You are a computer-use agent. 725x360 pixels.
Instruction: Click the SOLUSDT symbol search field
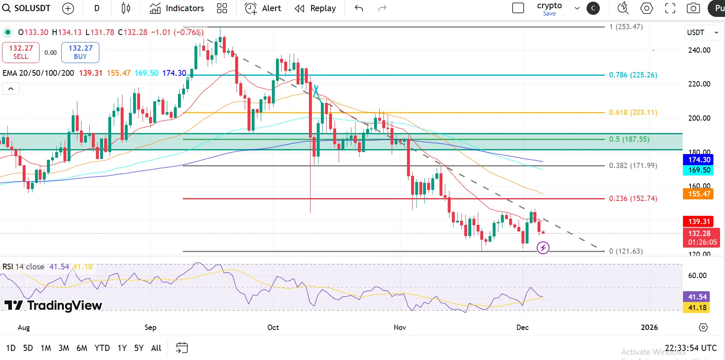pyautogui.click(x=27, y=8)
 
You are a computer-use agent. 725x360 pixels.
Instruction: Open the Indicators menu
pyautogui.click(x=177, y=8)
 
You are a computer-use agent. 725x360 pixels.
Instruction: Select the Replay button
pyautogui.click(x=316, y=8)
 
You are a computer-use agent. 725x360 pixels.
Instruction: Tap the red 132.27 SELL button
pyautogui.click(x=21, y=52)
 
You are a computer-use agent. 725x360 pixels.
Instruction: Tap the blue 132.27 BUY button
pyautogui.click(x=80, y=52)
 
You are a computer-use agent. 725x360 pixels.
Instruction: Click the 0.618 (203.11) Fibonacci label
pyautogui.click(x=633, y=112)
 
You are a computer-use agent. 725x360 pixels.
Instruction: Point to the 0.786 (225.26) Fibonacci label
pyautogui.click(x=633, y=75)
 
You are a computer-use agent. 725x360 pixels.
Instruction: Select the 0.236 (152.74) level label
pyautogui.click(x=633, y=199)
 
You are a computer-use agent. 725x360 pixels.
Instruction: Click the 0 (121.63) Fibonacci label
pyautogui.click(x=626, y=251)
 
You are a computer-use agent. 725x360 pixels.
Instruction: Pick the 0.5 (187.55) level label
pyautogui.click(x=629, y=139)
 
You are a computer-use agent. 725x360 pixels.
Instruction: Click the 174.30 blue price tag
pyautogui.click(x=699, y=160)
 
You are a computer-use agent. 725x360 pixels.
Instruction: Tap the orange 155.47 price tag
pyautogui.click(x=699, y=194)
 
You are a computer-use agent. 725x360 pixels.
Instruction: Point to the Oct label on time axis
pyautogui.click(x=273, y=327)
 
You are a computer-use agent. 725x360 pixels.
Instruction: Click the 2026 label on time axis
pyautogui.click(x=649, y=327)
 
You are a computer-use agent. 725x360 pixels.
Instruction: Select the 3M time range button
pyautogui.click(x=64, y=348)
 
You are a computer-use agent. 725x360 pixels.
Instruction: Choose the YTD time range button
pyautogui.click(x=102, y=348)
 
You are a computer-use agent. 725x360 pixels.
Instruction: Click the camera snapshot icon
pyautogui.click(x=693, y=8)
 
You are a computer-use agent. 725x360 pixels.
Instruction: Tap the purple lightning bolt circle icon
pyautogui.click(x=543, y=248)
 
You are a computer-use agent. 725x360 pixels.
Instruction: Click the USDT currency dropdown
pyautogui.click(x=702, y=33)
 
